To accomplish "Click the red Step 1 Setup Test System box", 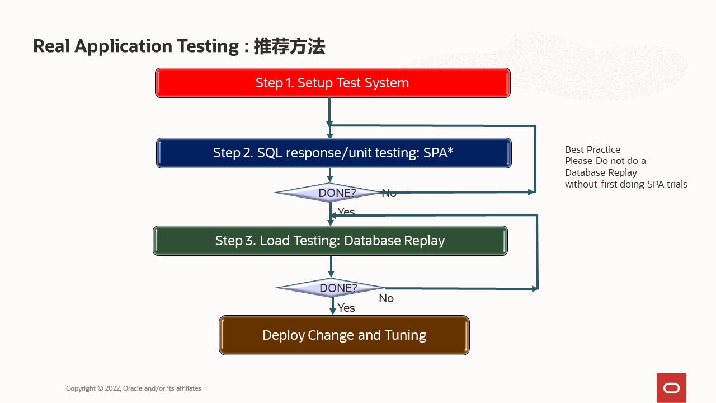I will click(332, 83).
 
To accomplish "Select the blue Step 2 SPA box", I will click(333, 153).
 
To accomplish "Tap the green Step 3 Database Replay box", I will click(330, 241).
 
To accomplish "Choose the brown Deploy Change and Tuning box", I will click(344, 335).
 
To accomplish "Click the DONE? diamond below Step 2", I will click(330, 193).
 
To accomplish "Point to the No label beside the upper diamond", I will click(389, 193).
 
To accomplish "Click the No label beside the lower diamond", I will click(386, 298).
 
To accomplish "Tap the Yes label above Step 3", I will click(346, 212).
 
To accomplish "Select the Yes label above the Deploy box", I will click(346, 308).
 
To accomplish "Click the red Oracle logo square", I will click(671, 388).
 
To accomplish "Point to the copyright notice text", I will click(133, 388).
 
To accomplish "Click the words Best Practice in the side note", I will click(592, 149).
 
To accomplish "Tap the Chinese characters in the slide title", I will click(289, 46).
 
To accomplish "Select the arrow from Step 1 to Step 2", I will click(329, 118).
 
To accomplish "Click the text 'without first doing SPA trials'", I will click(626, 184).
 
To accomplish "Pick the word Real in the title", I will click(51, 46).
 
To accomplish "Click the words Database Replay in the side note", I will click(601, 172).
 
